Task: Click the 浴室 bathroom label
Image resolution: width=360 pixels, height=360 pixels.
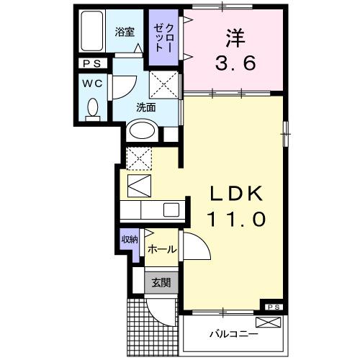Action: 125,32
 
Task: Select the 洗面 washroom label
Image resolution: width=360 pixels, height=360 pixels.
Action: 147,108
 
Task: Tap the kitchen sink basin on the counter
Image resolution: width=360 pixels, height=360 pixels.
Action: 171,210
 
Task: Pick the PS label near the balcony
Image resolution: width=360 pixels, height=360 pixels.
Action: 274,307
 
